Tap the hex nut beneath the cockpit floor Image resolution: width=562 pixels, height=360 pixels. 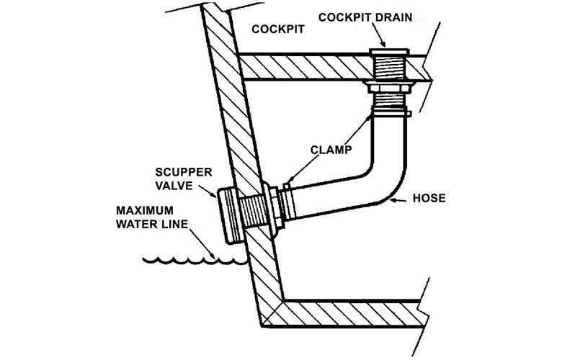pos(389,89)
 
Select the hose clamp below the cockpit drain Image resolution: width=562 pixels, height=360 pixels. pos(389,112)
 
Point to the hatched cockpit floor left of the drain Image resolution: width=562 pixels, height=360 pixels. pos(303,67)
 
